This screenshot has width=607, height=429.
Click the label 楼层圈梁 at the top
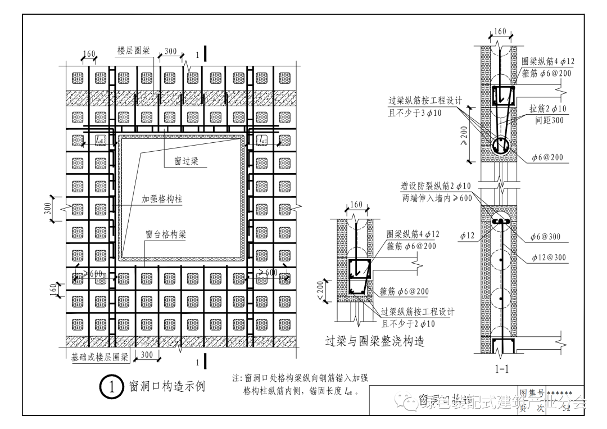pos(133,51)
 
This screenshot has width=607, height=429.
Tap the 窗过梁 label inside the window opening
pos(184,161)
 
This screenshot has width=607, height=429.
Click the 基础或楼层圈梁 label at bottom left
pos(100,356)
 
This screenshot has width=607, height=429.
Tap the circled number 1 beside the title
pos(111,387)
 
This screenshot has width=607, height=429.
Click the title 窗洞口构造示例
pos(167,387)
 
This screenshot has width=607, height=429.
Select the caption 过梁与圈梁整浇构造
pos(374,341)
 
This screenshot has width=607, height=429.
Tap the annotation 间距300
pos(550,120)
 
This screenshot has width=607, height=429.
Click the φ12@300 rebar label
pos(549,258)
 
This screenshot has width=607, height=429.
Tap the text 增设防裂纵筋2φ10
pos(436,187)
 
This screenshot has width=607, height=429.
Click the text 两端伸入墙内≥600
pos(436,198)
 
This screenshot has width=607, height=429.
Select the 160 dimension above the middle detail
pos(356,205)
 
